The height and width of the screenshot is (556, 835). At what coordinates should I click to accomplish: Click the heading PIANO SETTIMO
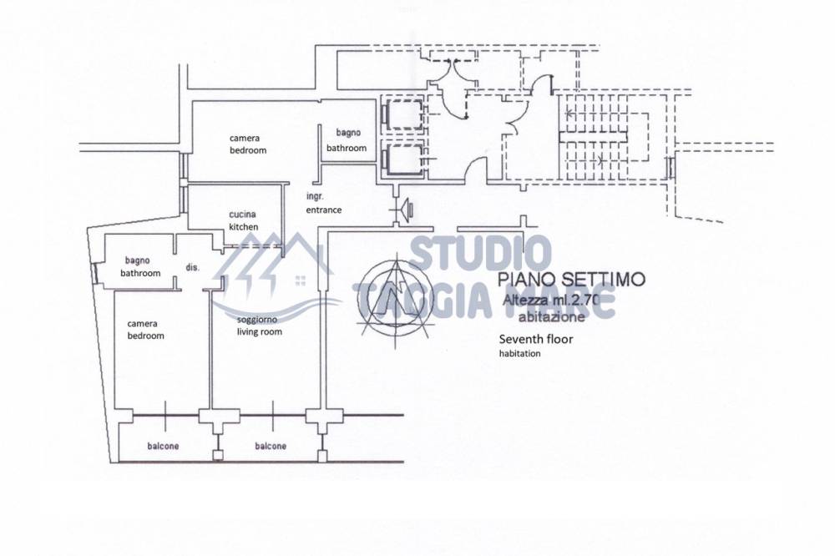(x=571, y=280)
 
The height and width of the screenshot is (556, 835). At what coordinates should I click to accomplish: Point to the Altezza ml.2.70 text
(x=559, y=301)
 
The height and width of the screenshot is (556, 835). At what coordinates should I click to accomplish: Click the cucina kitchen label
(x=244, y=220)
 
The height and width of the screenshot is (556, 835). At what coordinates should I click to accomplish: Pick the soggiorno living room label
(x=259, y=326)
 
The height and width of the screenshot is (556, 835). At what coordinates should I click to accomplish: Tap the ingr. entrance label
(x=323, y=204)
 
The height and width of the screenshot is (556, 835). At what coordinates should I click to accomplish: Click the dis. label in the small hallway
(x=193, y=267)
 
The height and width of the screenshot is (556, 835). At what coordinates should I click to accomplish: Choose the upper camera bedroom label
(x=248, y=144)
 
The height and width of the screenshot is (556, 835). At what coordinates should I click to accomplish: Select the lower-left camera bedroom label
(x=145, y=330)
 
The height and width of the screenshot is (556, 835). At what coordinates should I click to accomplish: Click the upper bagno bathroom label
(x=347, y=140)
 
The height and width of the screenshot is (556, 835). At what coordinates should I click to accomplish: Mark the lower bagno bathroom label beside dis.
(x=140, y=266)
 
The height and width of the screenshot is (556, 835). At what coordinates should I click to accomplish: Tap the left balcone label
(x=163, y=446)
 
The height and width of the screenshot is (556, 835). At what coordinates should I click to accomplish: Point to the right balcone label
(x=270, y=446)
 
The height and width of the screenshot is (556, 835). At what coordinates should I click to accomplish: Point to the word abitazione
(x=551, y=316)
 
